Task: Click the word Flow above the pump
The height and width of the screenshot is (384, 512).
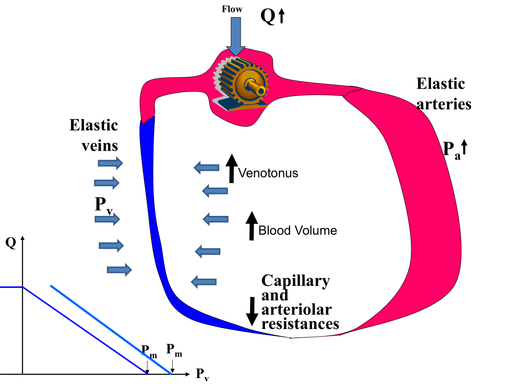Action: (x=232, y=9)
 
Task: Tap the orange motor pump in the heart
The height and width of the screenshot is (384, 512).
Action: (x=241, y=85)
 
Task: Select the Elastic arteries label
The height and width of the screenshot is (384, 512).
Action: (x=443, y=94)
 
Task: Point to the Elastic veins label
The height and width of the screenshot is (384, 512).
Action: (x=94, y=135)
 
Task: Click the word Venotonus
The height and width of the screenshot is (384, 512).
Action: (x=268, y=173)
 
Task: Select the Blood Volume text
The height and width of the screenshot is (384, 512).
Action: (x=297, y=231)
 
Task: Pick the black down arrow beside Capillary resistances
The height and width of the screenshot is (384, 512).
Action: (x=252, y=311)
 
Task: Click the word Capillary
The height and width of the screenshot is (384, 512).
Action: (x=295, y=281)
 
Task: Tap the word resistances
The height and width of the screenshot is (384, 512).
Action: (x=300, y=324)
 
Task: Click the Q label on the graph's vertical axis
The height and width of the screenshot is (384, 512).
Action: (x=11, y=243)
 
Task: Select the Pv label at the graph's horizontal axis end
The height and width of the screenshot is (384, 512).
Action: (x=202, y=374)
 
